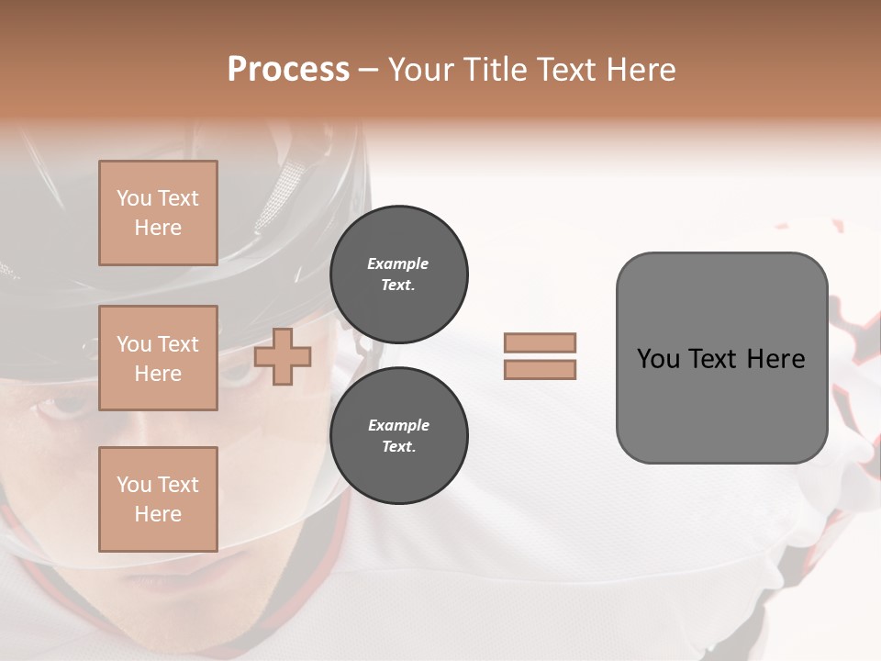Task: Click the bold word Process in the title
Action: (x=288, y=69)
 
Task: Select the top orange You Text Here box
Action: (x=158, y=213)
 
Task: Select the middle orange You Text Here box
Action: (x=158, y=358)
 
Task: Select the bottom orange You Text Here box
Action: (x=158, y=499)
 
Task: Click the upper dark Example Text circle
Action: (x=398, y=274)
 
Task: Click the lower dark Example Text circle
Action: (x=398, y=436)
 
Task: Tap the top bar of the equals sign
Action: (x=540, y=342)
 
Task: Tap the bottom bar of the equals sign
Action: (x=540, y=370)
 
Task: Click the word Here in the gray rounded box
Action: (x=775, y=359)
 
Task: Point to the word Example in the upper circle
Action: (x=398, y=263)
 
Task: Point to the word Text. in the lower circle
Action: (x=398, y=447)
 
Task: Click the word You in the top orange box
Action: (x=133, y=198)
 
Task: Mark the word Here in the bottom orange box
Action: (x=158, y=514)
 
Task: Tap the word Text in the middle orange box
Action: (x=177, y=344)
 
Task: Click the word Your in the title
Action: (x=420, y=69)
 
